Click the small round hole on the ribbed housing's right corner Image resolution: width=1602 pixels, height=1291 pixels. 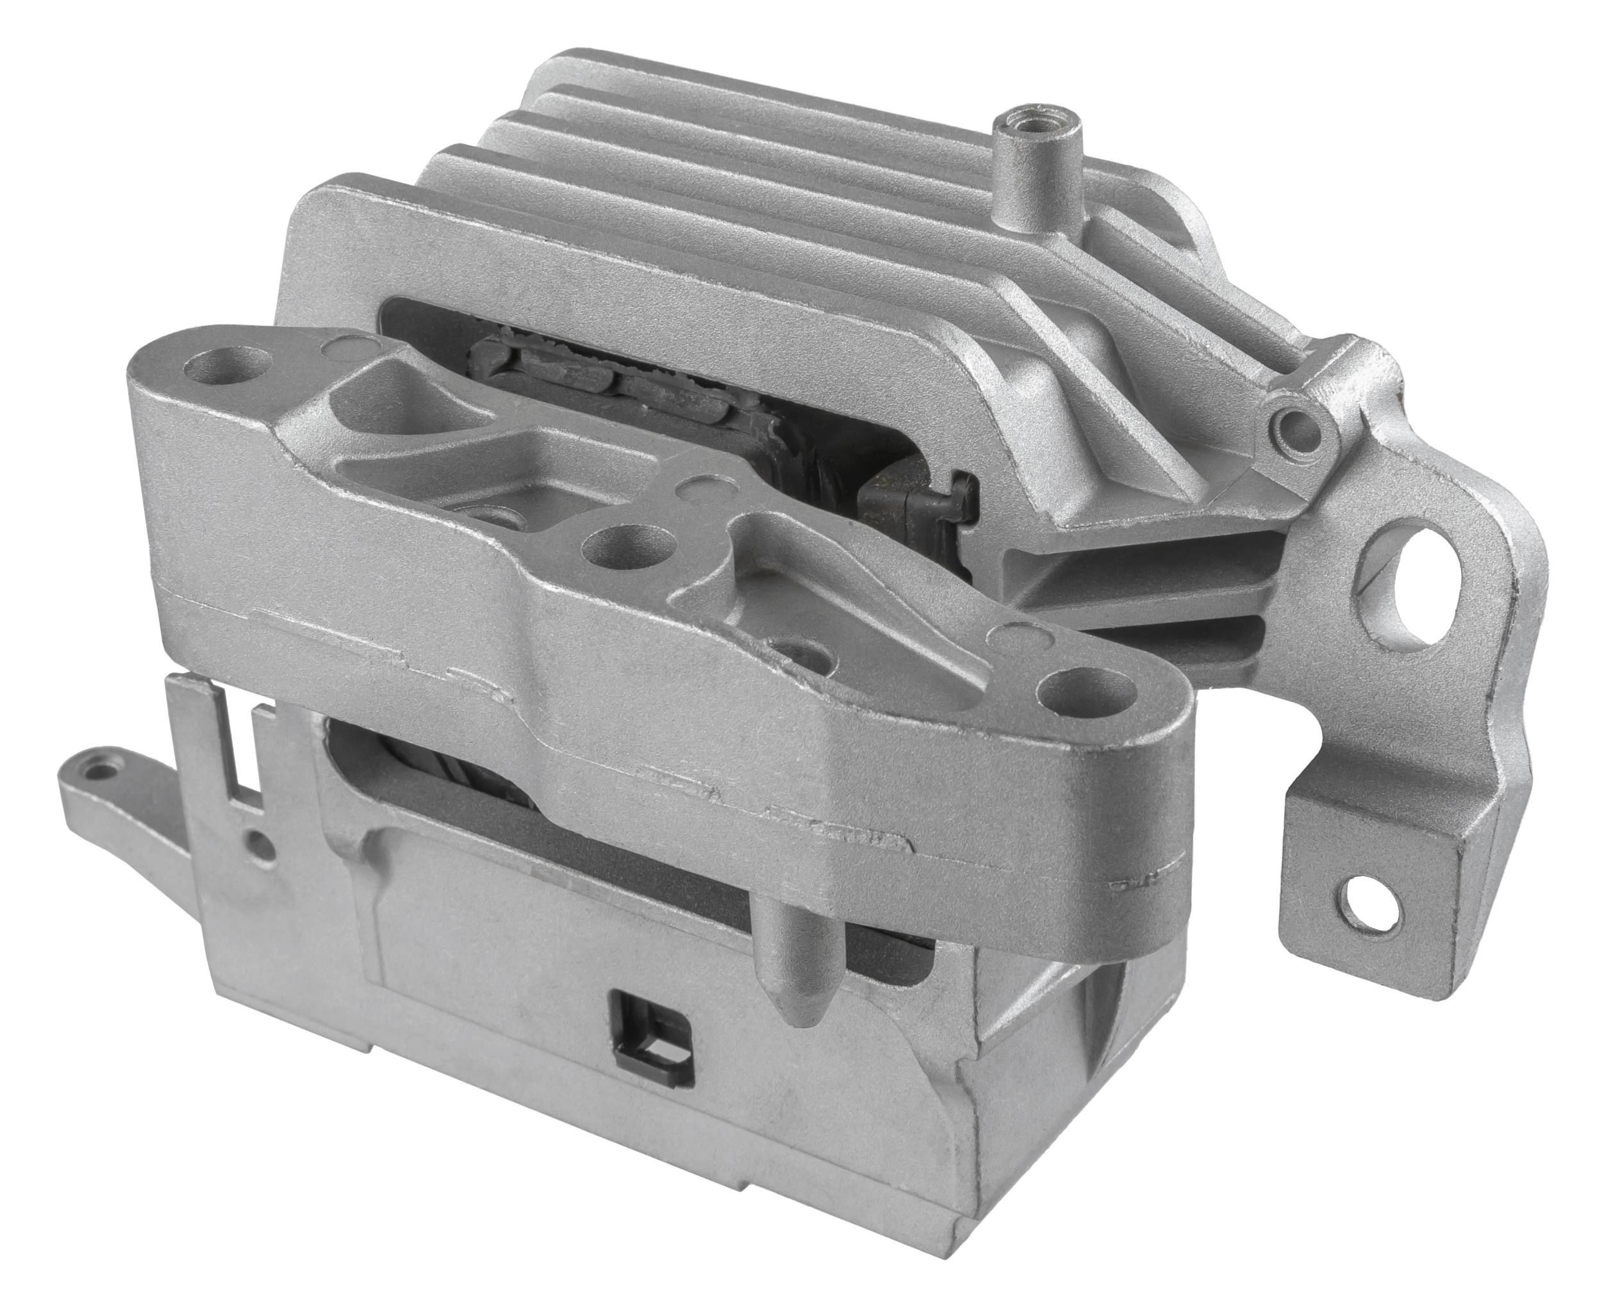click(x=1296, y=426)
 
